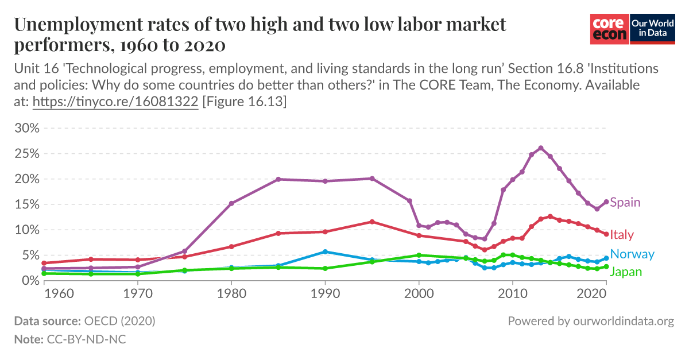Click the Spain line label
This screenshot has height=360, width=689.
click(625, 202)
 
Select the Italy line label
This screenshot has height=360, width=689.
click(622, 234)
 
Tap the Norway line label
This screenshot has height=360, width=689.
click(632, 254)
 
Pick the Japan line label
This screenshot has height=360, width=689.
click(626, 272)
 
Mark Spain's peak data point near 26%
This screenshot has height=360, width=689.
click(540, 148)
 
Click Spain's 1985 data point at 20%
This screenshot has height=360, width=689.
click(278, 179)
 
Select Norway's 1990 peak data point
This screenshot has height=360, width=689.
click(325, 251)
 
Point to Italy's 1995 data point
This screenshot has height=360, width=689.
click(372, 222)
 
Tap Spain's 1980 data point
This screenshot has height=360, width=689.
click(231, 203)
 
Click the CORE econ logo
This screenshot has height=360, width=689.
click(610, 29)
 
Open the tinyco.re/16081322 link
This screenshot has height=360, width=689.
click(115, 102)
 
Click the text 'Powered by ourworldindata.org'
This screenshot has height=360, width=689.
click(590, 321)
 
